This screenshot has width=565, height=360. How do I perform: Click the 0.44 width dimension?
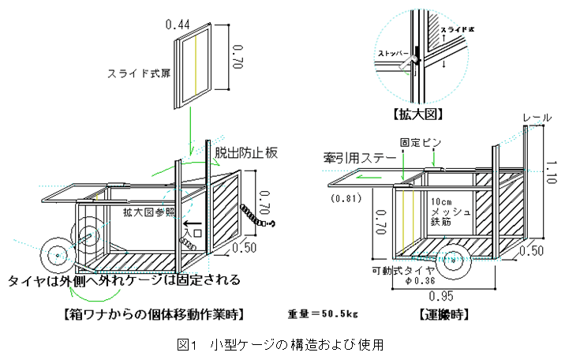click(x=180, y=25)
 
